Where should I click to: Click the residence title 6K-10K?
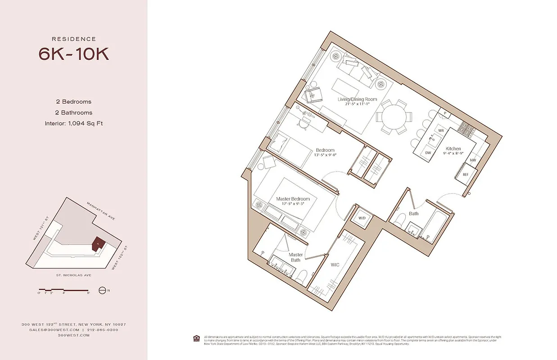click(73, 54)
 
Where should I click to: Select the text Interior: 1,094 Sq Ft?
click(73, 123)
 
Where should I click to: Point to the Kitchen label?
click(453, 148)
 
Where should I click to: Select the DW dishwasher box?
click(428, 153)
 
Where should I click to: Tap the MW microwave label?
click(472, 160)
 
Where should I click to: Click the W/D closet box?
click(362, 218)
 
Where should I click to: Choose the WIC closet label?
click(335, 265)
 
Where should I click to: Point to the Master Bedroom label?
click(293, 199)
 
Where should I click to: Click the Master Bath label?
click(295, 257)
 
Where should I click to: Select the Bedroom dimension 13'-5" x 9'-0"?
click(325, 155)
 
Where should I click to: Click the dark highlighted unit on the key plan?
click(99, 243)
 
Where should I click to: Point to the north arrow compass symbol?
click(102, 291)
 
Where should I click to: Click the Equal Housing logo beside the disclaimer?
click(196, 338)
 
